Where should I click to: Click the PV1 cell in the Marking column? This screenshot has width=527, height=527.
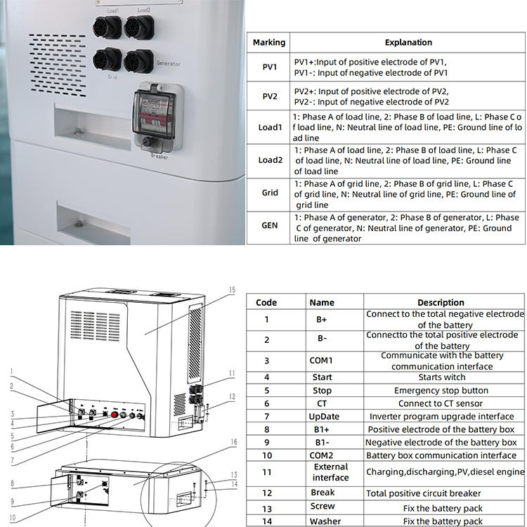tap(269, 67)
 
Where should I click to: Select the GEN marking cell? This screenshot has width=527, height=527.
tap(269, 226)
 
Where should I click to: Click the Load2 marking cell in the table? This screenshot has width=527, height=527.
tap(269, 160)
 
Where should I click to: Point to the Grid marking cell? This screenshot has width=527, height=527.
tap(269, 193)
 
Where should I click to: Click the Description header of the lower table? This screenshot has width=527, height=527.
tap(441, 302)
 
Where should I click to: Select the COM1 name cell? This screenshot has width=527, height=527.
tap(321, 360)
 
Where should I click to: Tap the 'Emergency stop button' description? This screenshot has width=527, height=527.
tap(441, 391)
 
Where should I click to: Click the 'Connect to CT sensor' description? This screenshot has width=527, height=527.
tap(441, 403)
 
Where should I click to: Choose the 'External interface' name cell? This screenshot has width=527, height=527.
tap(330, 472)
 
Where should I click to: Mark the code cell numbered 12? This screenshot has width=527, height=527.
tap(266, 493)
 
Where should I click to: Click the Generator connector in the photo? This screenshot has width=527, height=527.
tap(138, 60)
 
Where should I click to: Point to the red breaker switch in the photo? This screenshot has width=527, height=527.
tap(149, 117)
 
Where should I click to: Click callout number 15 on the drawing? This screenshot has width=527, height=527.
tap(231, 289)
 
